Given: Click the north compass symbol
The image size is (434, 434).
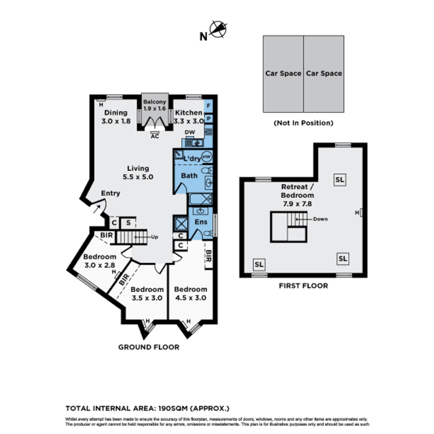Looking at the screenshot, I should (218, 30).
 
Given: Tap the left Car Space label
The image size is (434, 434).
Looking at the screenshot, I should (283, 74).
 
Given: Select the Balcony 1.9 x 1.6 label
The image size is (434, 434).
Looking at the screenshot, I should (155, 105).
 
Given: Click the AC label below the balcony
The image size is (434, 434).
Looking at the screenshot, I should (155, 136).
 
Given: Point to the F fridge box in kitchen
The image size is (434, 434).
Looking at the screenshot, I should (209, 106).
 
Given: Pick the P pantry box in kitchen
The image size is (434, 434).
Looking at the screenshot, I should (209, 119).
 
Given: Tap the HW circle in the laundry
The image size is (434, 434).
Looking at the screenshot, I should (207, 157).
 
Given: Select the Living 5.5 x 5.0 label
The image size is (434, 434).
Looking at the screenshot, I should (138, 172).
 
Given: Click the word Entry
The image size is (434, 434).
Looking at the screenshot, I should (111, 193).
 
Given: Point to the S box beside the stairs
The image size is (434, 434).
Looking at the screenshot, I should (128, 223).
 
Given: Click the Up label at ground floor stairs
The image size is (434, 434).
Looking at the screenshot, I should (154, 237).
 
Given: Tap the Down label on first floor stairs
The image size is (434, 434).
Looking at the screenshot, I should (321, 219).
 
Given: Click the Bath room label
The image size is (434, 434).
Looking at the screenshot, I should (189, 176).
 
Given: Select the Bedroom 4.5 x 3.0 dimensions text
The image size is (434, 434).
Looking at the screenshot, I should (191, 298).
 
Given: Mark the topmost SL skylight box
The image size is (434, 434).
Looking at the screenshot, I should (340, 180).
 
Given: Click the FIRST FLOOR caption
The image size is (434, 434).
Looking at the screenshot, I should (303, 286).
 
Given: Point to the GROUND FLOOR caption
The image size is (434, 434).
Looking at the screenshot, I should (149, 347).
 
